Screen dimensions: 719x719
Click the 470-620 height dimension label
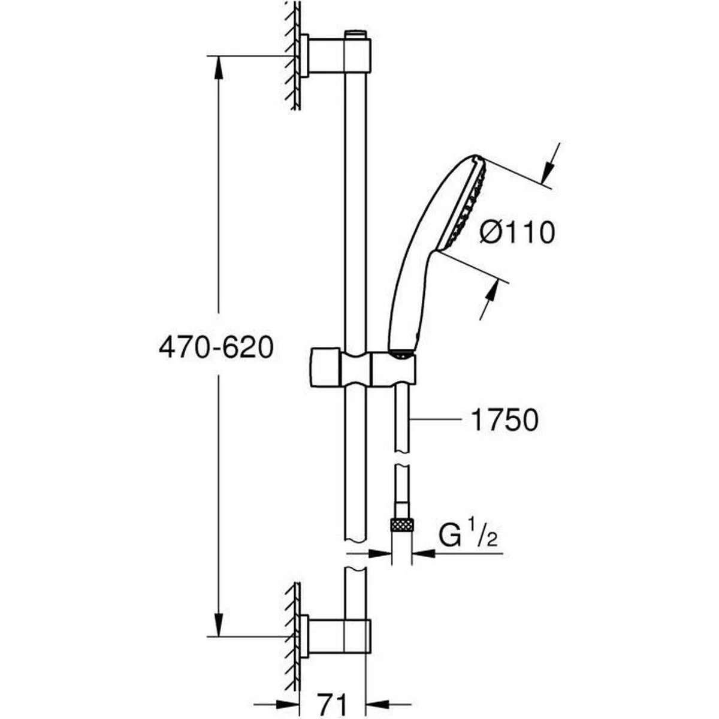point(216,348)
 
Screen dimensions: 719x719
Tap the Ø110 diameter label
point(517,232)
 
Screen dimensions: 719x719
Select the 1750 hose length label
point(504,421)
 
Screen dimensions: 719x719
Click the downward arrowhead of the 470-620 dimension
point(217,626)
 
